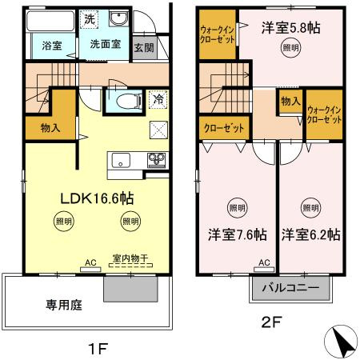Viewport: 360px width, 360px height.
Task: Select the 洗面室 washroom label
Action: click(105, 45)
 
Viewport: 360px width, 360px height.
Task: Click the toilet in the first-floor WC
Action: click(125, 101)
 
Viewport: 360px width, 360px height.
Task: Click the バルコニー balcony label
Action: click(291, 287)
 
